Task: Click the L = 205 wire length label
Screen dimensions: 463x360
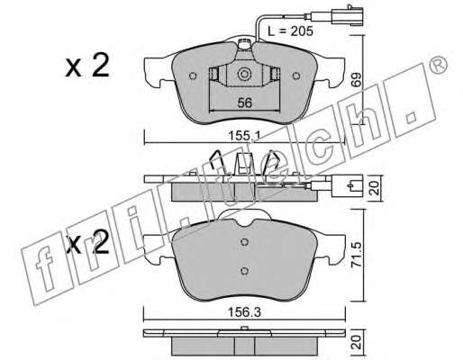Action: [x=290, y=31]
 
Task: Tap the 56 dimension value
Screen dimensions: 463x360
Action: [x=245, y=103]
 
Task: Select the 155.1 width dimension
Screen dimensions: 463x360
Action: [x=244, y=137]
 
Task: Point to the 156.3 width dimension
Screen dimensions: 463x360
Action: [x=244, y=313]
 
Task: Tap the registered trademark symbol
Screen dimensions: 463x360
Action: [x=438, y=66]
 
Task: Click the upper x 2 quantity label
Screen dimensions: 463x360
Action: [x=87, y=67]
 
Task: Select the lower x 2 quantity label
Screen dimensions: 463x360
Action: [x=87, y=246]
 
